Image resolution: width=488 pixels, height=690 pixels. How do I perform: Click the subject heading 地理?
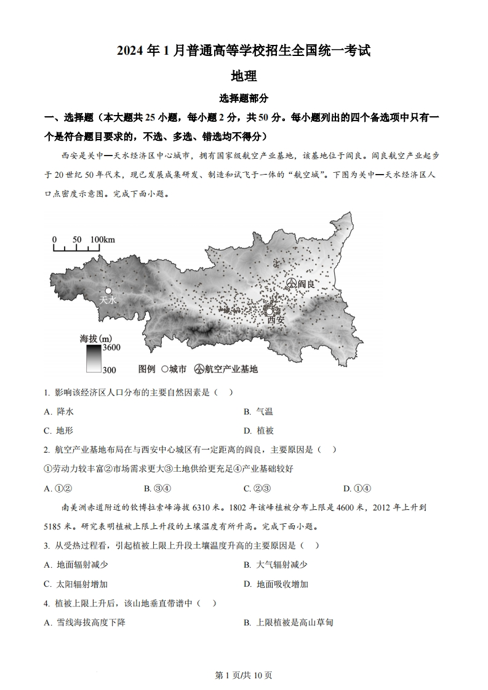(x=244, y=76)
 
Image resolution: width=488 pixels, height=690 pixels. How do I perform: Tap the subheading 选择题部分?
(x=244, y=98)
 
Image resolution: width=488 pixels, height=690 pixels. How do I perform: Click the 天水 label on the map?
(x=108, y=300)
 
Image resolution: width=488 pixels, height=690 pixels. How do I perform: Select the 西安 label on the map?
(x=276, y=320)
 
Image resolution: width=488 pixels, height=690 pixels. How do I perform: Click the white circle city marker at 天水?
(x=108, y=290)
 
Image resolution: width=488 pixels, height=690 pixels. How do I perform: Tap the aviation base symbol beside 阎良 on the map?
(x=292, y=283)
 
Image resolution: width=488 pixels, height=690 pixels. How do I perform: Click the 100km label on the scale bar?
(x=102, y=239)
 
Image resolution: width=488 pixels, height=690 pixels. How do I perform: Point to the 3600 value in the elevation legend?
(x=111, y=348)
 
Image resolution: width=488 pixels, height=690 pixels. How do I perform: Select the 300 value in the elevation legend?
(x=110, y=369)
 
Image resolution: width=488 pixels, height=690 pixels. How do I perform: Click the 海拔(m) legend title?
(x=96, y=338)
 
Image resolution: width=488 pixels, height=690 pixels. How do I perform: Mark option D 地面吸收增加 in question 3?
(x=282, y=584)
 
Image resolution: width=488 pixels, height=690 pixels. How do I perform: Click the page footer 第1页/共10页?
(x=244, y=675)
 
